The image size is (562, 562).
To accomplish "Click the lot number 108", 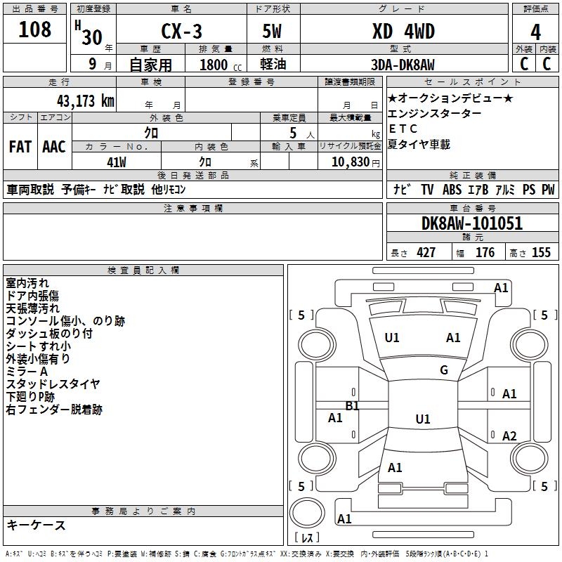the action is [x=34, y=30].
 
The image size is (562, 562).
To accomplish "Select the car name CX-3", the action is [x=181, y=31].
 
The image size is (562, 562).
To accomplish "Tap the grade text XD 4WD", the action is [x=403, y=31].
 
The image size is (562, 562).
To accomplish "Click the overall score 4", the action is [x=535, y=32].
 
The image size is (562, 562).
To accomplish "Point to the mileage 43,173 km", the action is [x=86, y=101].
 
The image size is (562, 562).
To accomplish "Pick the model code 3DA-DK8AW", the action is [x=403, y=65].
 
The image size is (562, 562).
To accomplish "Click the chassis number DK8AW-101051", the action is [x=472, y=223].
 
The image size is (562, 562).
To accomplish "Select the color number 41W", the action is [x=117, y=162].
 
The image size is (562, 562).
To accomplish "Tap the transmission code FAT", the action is [x=20, y=147].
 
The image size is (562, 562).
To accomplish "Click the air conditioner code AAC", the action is [x=54, y=147].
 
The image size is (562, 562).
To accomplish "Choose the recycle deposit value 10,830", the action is [x=350, y=162].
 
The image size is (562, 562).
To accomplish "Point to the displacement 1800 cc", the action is [x=221, y=65].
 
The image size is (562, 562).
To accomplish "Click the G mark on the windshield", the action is [x=444, y=370].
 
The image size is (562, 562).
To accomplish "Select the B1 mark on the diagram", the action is [x=352, y=406].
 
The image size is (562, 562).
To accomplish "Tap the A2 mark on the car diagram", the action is [x=509, y=436].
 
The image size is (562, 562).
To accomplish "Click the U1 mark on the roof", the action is [x=423, y=419].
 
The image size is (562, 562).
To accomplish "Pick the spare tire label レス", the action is [x=307, y=537].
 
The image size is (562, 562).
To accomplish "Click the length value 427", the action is [x=426, y=253].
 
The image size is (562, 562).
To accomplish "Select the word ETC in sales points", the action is [x=403, y=129].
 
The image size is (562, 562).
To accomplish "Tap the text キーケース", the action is [x=37, y=525].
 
